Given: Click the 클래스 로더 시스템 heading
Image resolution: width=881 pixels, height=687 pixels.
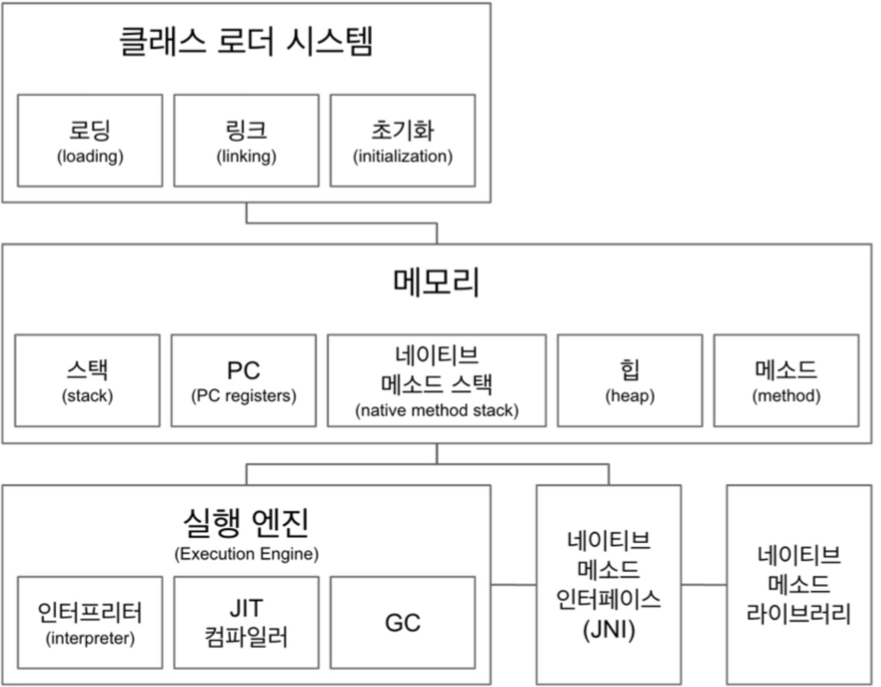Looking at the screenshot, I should [246, 42].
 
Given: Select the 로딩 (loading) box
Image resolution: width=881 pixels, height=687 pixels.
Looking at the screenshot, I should [90, 140].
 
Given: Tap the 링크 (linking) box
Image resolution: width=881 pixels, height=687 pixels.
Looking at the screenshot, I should [246, 140].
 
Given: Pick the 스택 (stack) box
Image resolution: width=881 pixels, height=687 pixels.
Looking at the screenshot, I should [87, 380].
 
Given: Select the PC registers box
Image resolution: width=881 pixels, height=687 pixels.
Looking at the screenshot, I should [244, 380].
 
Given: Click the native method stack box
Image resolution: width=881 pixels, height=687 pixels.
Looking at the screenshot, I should [437, 380].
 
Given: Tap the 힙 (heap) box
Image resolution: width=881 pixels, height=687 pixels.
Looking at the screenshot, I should [630, 380].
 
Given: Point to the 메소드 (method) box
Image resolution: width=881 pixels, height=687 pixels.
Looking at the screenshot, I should [786, 380].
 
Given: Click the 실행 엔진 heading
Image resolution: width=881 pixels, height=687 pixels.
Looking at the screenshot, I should [246, 523].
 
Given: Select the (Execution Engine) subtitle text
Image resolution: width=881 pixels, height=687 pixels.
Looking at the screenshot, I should [246, 554].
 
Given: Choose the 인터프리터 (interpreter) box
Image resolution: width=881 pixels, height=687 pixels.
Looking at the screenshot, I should [90, 622].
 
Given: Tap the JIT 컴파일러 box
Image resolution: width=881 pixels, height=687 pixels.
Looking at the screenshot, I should [246, 622].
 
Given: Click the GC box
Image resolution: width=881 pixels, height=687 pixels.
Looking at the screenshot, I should [403, 622].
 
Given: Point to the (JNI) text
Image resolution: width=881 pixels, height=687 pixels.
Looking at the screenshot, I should [608, 630].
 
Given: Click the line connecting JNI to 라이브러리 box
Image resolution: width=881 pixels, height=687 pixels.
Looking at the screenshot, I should [704, 585].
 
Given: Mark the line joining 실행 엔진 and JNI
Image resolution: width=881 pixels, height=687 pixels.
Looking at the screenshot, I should [514, 585].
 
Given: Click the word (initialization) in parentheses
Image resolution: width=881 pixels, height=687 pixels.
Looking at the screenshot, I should [403, 156].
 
